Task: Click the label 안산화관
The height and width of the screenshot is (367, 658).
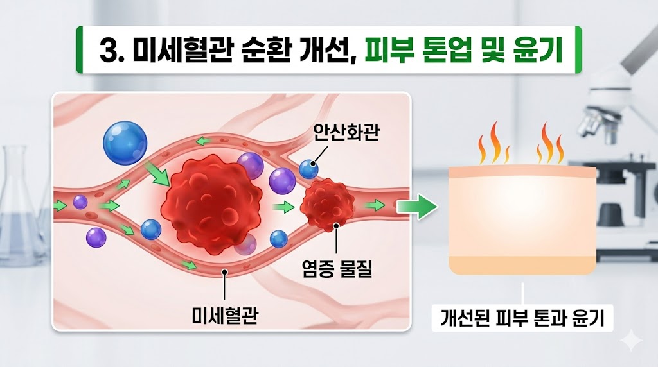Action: click(344, 132)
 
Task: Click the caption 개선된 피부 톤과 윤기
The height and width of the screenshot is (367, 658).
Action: click(522, 318)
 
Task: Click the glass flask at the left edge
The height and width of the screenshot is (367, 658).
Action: click(19, 205)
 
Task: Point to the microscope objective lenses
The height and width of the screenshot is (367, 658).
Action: click(594, 119)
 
